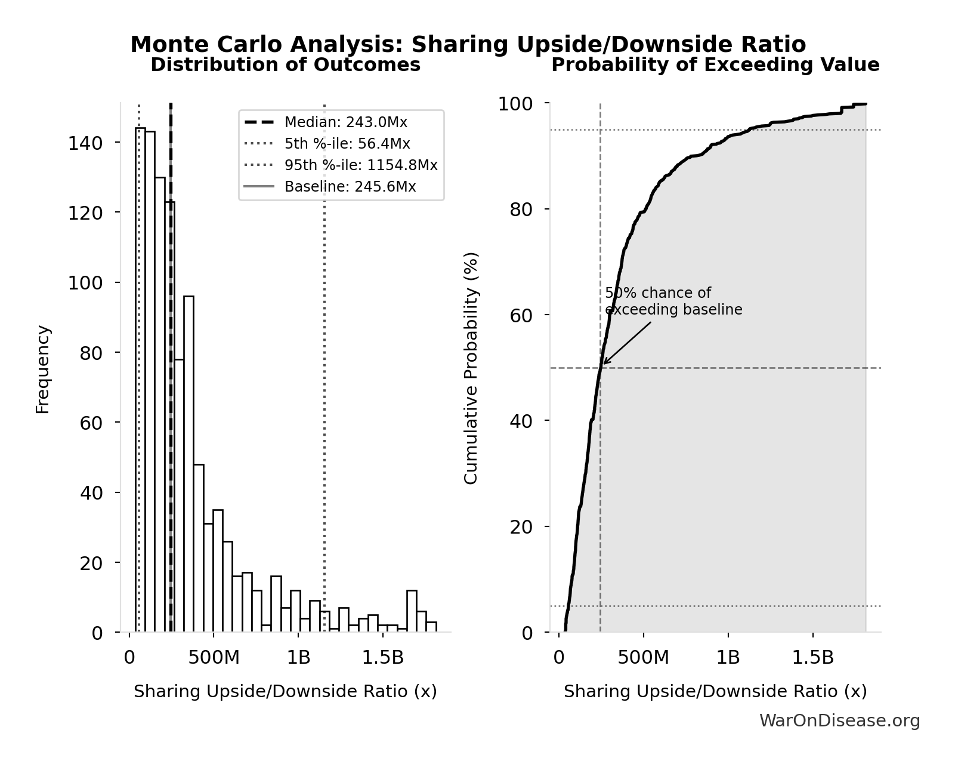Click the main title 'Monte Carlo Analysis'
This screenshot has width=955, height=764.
pos(468,45)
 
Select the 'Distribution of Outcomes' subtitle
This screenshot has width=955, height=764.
pos(285,65)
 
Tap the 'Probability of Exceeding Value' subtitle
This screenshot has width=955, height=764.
pos(715,65)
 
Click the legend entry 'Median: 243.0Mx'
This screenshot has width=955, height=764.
pos(345,122)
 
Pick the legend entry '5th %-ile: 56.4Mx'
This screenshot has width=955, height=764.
pos(347,144)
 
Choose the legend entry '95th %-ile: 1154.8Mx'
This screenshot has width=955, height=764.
pos(360,165)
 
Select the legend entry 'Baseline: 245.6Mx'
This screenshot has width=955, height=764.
pos(350,187)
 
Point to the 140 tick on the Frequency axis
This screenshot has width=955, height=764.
pos(85,143)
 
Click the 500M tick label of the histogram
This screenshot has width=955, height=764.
pos(214,658)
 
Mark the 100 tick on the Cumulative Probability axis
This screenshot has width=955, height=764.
pos(515,104)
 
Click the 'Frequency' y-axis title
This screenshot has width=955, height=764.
pos(43,369)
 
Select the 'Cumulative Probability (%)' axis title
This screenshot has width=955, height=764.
pos(471,368)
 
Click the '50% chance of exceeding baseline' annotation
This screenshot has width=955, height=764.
pos(673,301)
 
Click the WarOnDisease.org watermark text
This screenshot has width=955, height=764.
pos(839,721)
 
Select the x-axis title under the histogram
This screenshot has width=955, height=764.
pos(285,692)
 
